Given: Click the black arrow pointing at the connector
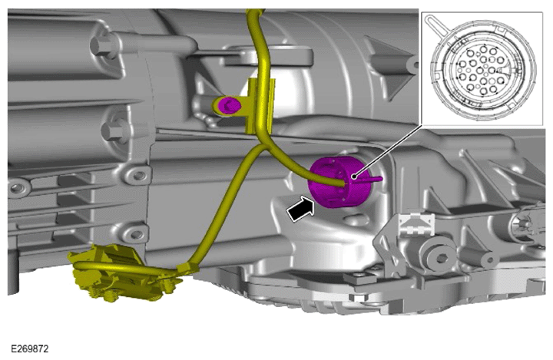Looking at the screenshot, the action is tap(300, 210).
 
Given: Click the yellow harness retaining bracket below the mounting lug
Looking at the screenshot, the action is tap(261, 106).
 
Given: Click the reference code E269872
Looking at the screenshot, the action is tap(30, 349).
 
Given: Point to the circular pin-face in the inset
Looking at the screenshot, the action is tap(483, 69).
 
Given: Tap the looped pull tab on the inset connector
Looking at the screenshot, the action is tap(435, 25).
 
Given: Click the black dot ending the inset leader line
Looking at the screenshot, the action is tap(353, 175).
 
